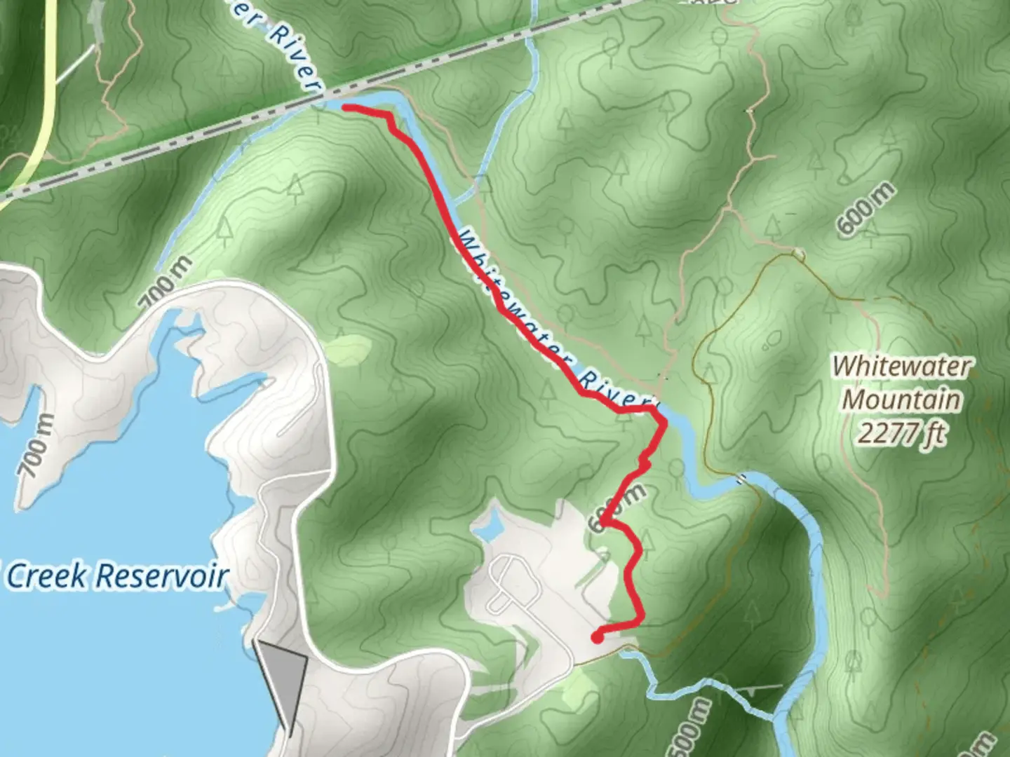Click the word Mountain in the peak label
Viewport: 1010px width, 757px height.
[x=901, y=400]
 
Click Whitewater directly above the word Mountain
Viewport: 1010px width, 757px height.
[x=902, y=366]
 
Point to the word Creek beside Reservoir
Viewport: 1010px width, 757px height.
[x=48, y=576]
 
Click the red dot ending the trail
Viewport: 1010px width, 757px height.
[x=597, y=638]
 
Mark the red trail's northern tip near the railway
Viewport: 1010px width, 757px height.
[x=345, y=107]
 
